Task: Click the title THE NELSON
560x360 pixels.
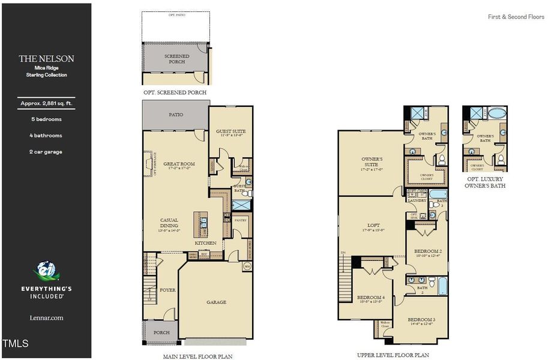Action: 46,59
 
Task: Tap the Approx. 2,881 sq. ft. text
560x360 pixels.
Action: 46,104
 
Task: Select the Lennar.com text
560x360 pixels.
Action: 46,318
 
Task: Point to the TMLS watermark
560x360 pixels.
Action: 15,344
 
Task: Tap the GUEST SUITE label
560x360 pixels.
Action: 231,131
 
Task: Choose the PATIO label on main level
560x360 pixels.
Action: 176,115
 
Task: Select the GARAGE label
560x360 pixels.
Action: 216,302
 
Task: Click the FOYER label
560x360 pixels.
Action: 167,290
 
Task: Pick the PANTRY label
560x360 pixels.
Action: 241,220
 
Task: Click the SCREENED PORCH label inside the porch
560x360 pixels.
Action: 176,59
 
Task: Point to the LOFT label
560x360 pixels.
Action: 373,226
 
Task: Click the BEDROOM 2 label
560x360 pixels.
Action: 428,251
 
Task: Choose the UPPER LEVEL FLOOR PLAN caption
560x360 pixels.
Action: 393,355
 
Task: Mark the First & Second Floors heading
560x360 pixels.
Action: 516,17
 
